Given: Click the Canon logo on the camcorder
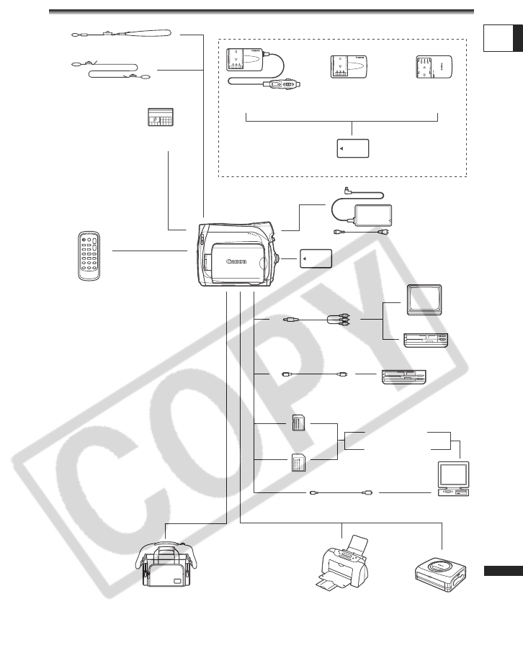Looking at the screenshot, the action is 236,261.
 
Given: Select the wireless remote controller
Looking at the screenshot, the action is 90,256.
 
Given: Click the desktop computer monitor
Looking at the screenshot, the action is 453,476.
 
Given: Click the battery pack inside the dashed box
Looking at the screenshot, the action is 353,148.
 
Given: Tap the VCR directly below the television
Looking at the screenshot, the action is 426,338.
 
